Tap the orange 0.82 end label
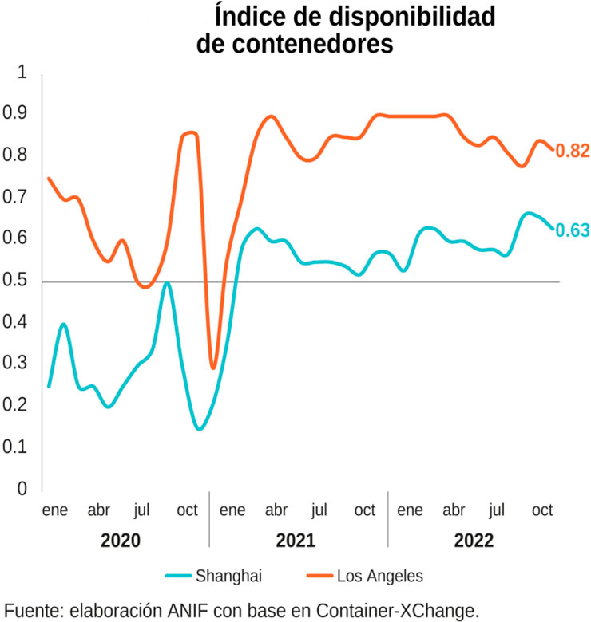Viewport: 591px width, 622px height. coord(572,151)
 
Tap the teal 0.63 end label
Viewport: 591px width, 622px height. coord(572,230)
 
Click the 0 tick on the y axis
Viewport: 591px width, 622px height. coord(22,489)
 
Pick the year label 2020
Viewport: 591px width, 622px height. coord(121,540)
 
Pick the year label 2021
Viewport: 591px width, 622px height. coord(295,540)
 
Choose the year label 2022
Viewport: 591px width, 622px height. coord(474,540)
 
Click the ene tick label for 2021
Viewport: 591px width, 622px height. coord(232,510)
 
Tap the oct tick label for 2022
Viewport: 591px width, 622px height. coord(542,510)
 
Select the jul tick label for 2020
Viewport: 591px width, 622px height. coord(143,510)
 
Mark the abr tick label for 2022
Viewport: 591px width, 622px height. coord(454,510)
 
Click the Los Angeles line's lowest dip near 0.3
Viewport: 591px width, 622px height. coord(213,367)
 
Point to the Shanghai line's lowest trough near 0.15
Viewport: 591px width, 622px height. coord(199,429)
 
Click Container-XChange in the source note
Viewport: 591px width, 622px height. coord(406,610)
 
